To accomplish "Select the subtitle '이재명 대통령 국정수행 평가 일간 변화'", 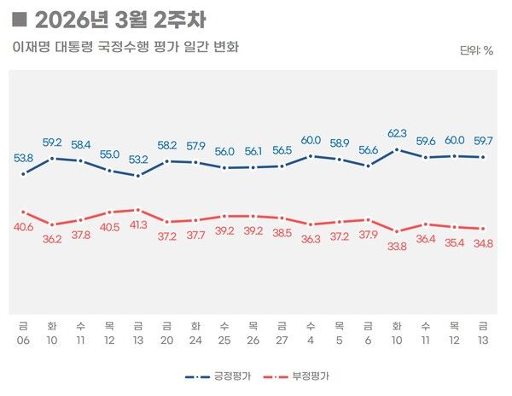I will point(125,47).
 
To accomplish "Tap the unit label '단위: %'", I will point(476,50).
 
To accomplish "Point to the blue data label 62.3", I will point(397,132).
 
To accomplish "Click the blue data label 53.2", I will point(138,159).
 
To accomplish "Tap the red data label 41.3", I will point(138,225).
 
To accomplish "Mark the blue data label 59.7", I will point(484,140).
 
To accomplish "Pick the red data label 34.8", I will point(484,245).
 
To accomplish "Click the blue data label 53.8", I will point(23,157).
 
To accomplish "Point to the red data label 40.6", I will point(23,227).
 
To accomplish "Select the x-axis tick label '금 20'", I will point(166,330).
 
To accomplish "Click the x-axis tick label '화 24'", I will point(195,330).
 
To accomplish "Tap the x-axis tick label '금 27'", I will point(282,330).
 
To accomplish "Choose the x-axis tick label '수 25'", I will point(224,330).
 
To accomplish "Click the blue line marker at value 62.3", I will point(397,149).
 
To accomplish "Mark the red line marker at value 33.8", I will point(397,231).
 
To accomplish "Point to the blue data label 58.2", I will point(166,144).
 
